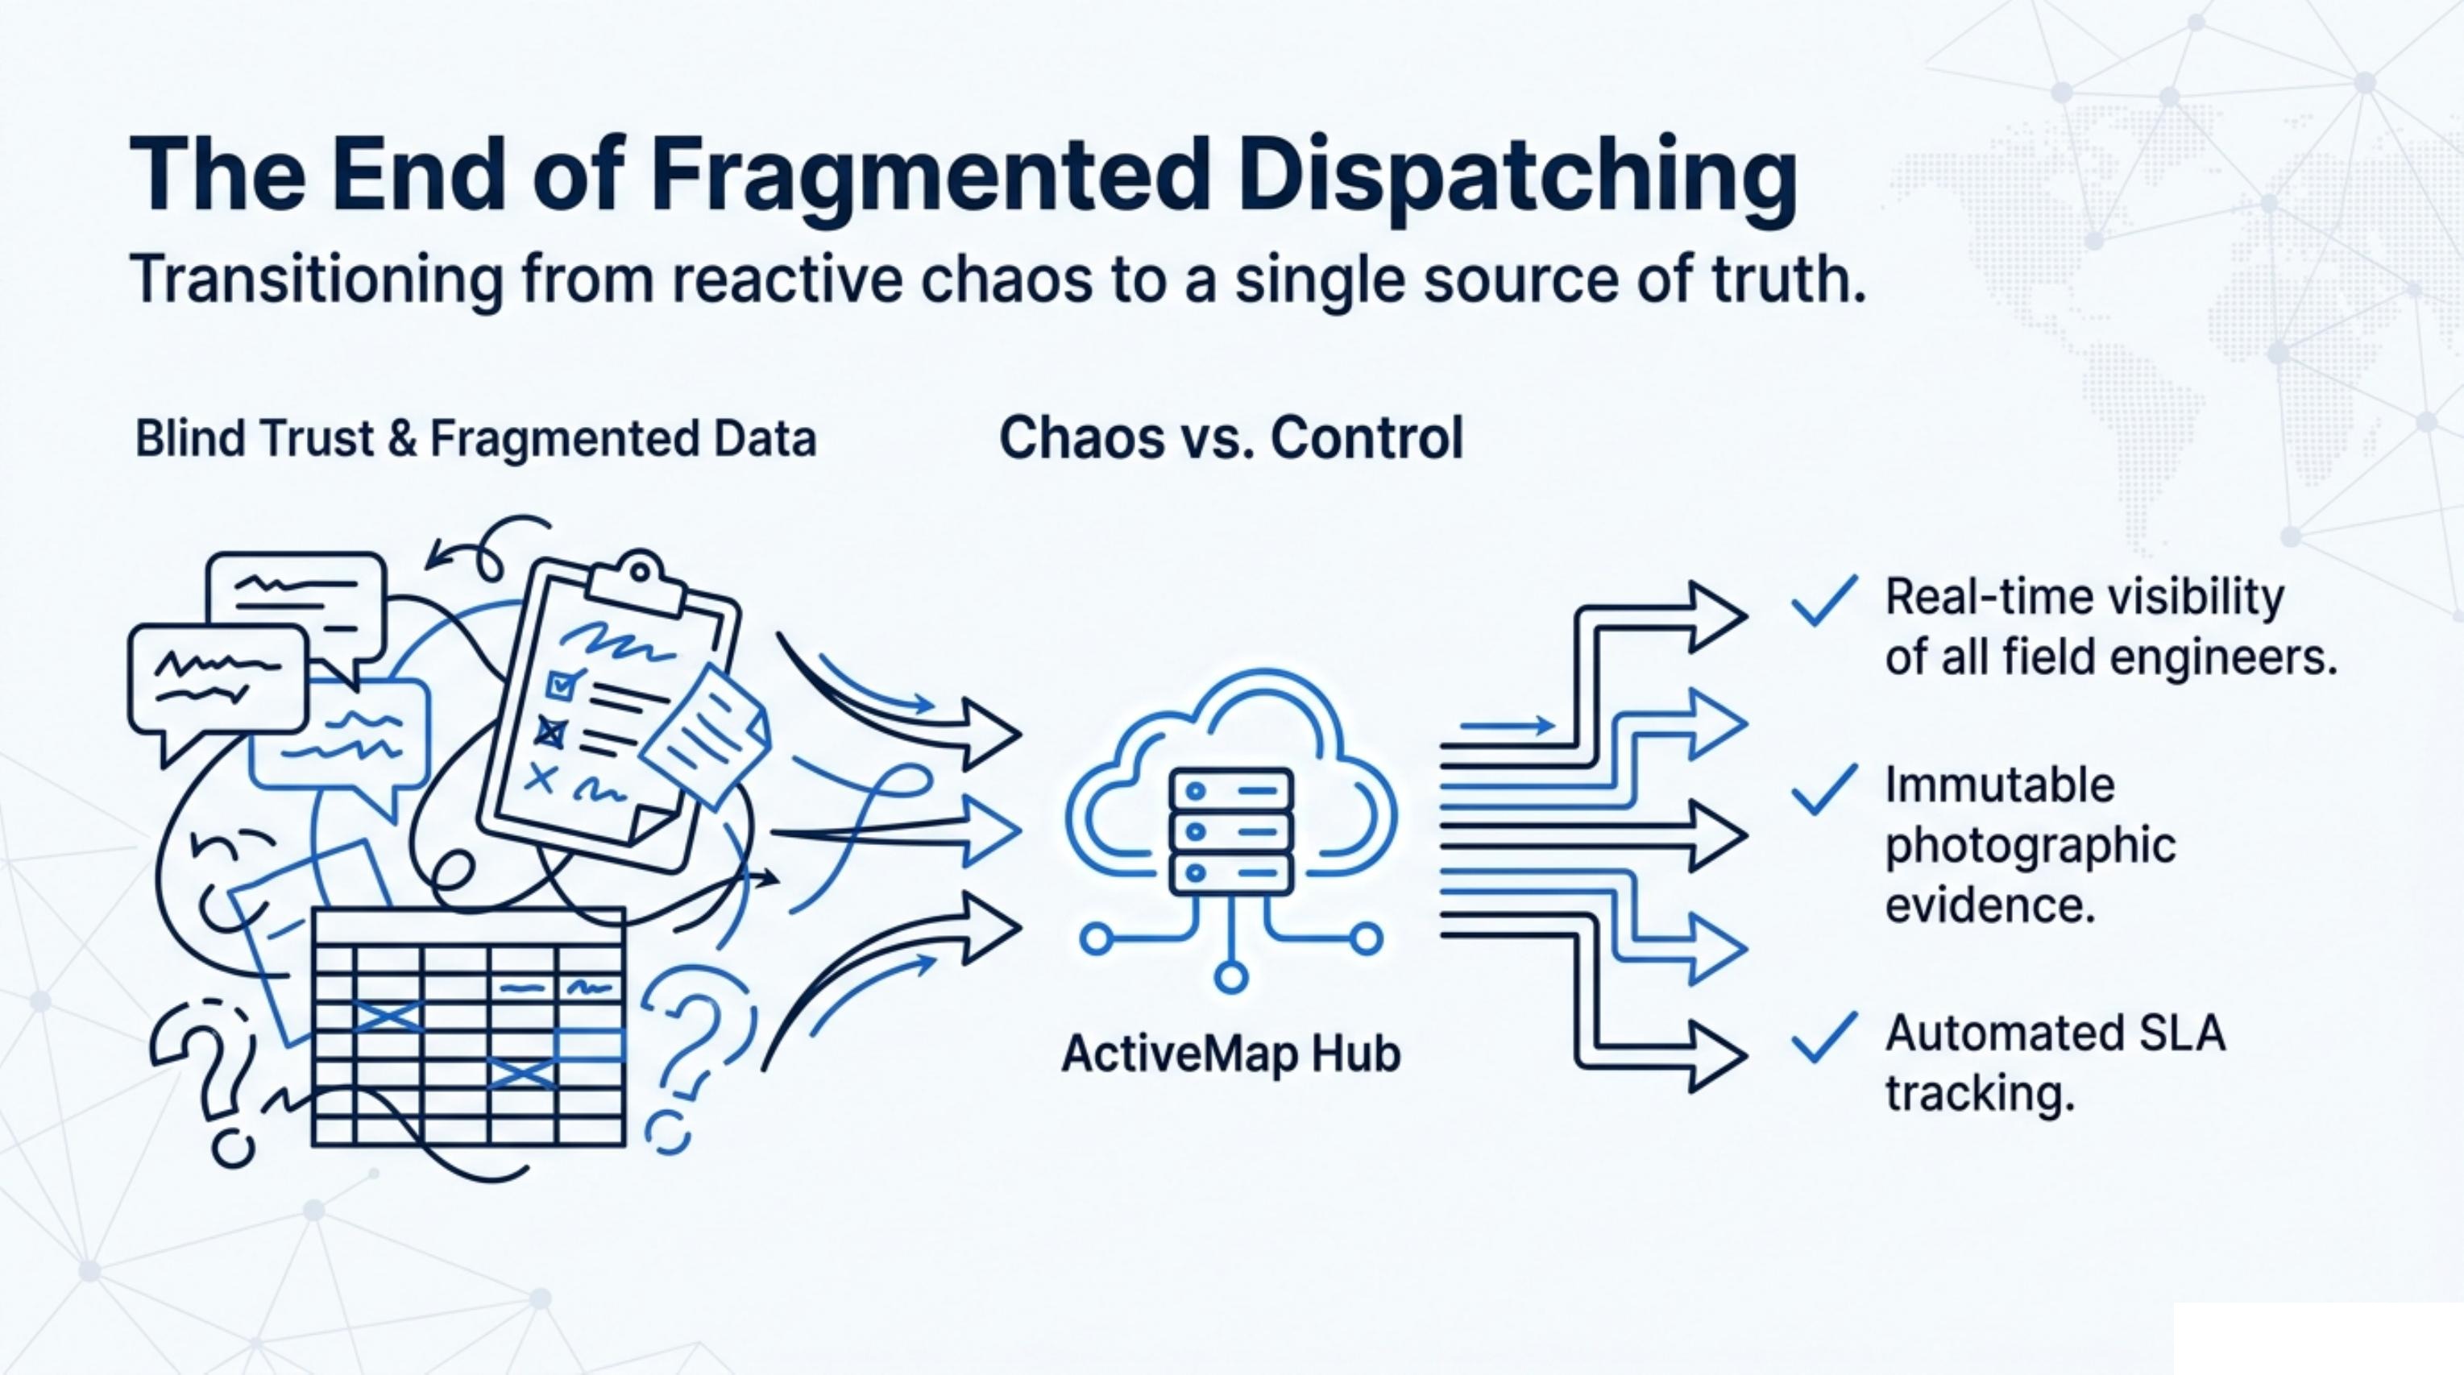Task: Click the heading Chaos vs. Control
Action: point(1231,438)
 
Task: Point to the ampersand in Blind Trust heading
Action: point(404,439)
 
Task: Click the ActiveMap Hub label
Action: point(1231,1054)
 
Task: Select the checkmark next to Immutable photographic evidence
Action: point(1824,790)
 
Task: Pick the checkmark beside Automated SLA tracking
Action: point(1824,1037)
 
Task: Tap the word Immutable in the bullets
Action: point(2000,786)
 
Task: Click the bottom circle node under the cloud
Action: point(1231,977)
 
